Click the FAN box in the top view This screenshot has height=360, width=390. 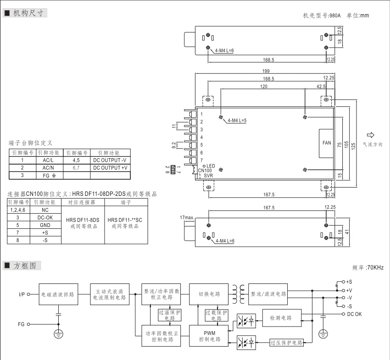coord(326,143)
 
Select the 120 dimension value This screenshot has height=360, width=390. coord(264,86)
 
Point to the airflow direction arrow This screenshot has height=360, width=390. coord(370,135)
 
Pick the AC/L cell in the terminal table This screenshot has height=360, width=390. coord(48,161)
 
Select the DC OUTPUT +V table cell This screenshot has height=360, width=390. coord(110,168)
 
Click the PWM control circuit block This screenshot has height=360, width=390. coord(209,336)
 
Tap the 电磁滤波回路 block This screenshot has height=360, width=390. coord(58,294)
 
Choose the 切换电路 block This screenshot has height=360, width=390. coord(209,294)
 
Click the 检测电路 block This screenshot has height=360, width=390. coord(281,317)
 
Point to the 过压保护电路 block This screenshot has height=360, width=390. coord(286,343)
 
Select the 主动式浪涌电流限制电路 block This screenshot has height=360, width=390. coord(111,294)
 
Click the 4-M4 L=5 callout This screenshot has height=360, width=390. coord(236,121)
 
